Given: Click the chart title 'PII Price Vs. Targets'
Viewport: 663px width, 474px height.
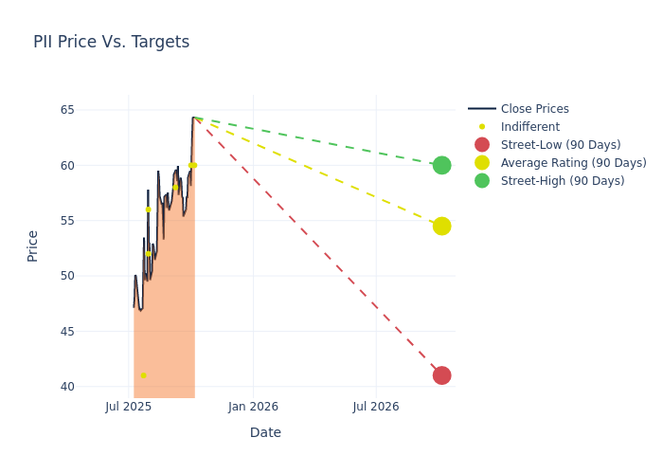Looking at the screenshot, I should (x=111, y=42).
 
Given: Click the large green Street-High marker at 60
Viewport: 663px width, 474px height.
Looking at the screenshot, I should (x=441, y=165).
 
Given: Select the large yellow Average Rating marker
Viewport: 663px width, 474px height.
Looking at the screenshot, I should (x=441, y=226).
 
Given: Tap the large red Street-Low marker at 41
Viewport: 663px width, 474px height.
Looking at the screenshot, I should (x=441, y=375).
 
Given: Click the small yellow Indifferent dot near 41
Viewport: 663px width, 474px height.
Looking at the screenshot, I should (x=144, y=375).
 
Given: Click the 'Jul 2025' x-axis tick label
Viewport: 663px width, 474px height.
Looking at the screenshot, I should (x=129, y=407).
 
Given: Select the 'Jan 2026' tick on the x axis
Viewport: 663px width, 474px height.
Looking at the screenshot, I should (x=253, y=407).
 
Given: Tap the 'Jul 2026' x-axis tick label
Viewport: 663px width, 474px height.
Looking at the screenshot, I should (x=376, y=407).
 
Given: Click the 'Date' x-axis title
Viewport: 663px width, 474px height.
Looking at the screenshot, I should (x=265, y=432).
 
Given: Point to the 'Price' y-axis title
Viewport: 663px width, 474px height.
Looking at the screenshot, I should (x=33, y=246).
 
